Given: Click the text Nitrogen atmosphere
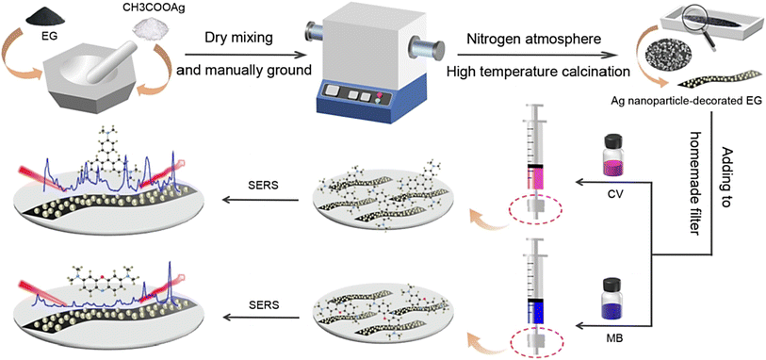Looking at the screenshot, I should click(526, 38).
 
